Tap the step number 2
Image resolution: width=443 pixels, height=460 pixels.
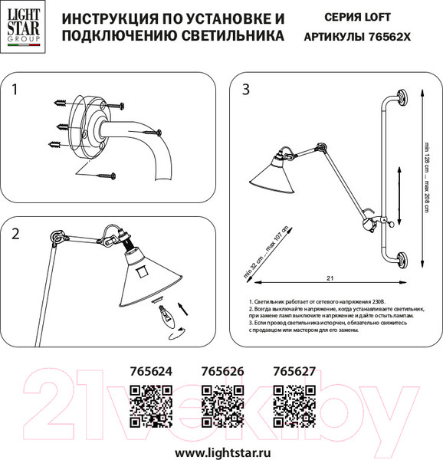click(16, 235)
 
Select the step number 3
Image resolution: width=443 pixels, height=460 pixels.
click(245, 90)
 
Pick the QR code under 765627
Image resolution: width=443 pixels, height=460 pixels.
click(294, 406)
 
